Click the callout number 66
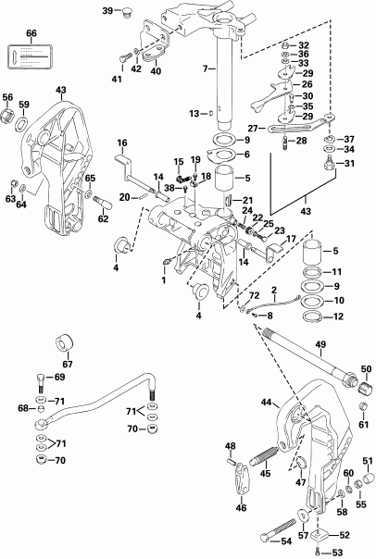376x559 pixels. (x=31, y=34)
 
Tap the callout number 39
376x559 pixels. (x=107, y=10)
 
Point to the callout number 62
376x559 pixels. (x=104, y=219)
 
